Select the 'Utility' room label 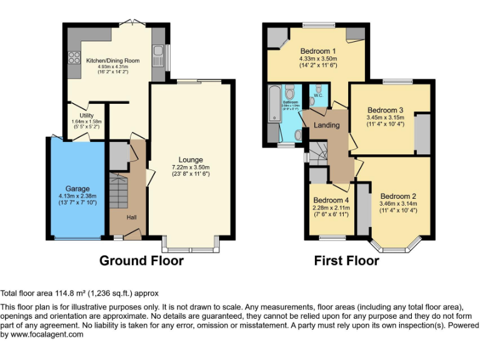(86, 115)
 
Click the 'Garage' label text (78, 188)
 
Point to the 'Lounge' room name (191, 159)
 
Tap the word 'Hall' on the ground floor (132, 217)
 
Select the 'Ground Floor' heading (141, 261)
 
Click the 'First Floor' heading (346, 261)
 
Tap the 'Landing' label (326, 125)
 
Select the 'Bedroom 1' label (318, 51)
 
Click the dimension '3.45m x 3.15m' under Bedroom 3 (384, 117)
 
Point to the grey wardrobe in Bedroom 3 (422, 133)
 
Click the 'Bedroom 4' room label (331, 201)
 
